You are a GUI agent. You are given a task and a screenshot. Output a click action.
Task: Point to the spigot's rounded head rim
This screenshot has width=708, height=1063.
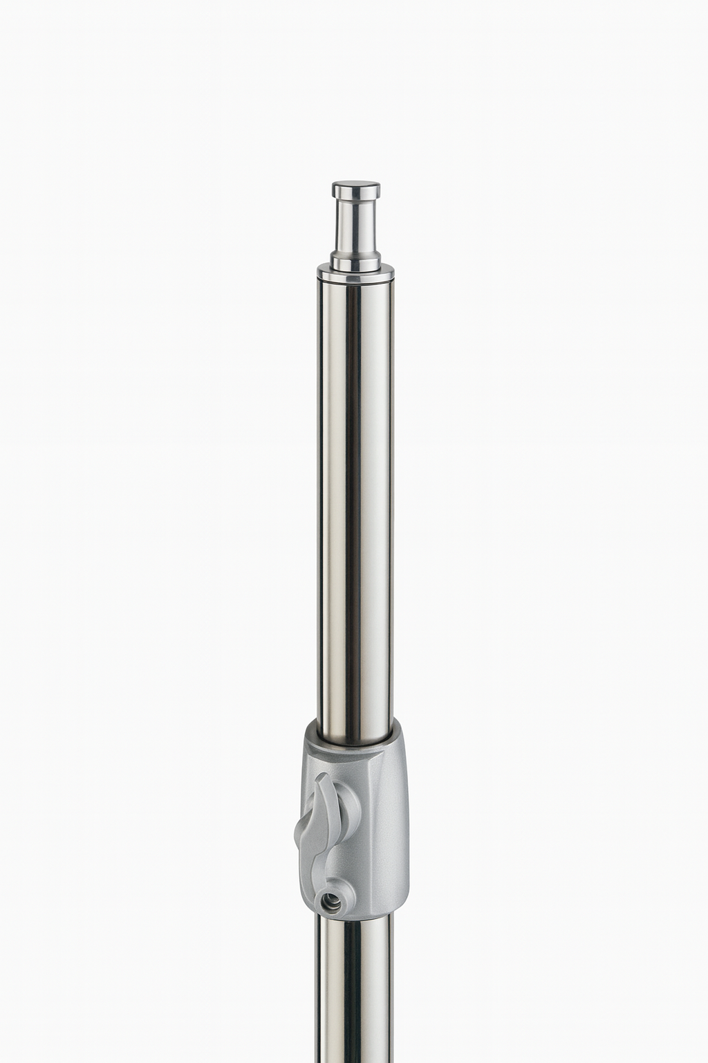coord(355,194)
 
